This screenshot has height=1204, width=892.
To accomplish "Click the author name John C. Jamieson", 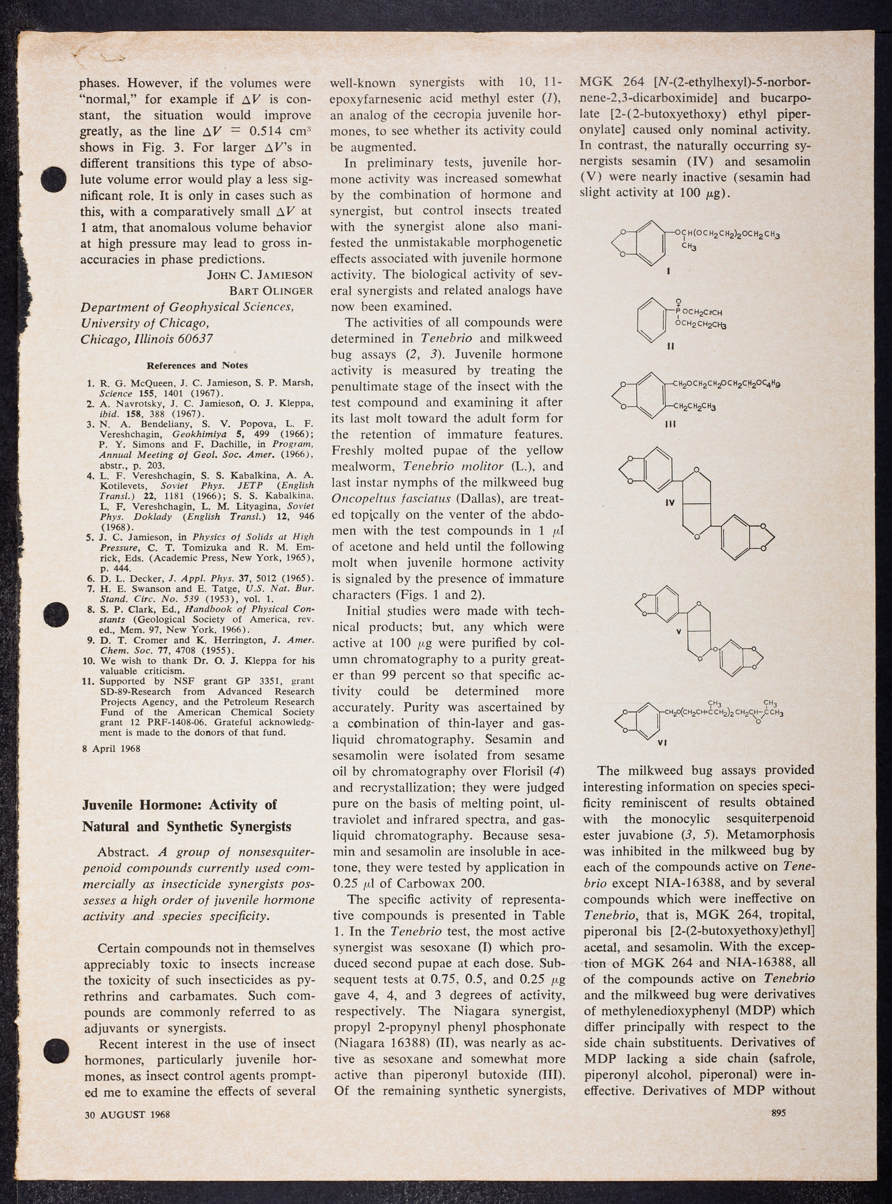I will [260, 275].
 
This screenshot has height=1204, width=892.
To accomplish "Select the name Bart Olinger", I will [272, 291].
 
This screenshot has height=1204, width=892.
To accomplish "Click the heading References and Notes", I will [197, 366].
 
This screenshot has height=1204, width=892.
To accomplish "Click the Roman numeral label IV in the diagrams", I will [670, 502].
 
